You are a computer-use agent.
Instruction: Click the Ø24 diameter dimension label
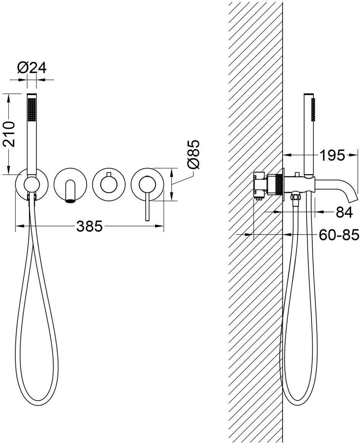tap(32, 68)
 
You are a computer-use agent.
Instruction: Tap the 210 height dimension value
tap(9, 134)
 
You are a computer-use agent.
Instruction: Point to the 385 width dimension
tap(89, 226)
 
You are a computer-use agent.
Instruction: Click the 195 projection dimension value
tap(333, 155)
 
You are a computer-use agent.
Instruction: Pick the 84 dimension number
tap(344, 212)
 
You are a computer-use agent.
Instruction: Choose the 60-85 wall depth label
tap(339, 234)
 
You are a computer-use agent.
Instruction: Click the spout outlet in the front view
tap(71, 201)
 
